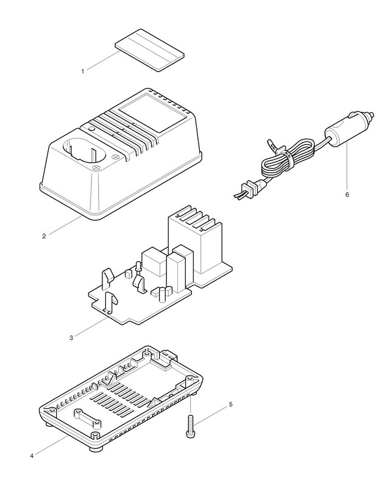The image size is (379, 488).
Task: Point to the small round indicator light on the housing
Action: [x=90, y=130]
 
